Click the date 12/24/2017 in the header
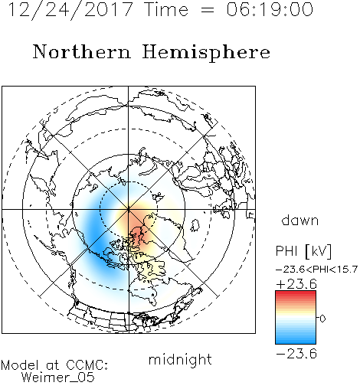pos(70,10)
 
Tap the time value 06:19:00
pos(270,9)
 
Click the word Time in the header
pos(166,9)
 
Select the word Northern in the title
pos(82,51)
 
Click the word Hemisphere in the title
pos(206,52)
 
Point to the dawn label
pos(300,220)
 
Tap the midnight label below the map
pos(180,359)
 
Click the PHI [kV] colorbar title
pos(303,251)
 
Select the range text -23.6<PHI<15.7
pos(316,270)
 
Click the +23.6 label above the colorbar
pos(296,284)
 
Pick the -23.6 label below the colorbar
pos(296,354)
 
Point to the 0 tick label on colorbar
pos(322,319)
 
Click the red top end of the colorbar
pos(296,293)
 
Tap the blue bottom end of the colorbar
pos(296,342)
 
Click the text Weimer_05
pos(58,378)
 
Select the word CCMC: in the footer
pos(87,365)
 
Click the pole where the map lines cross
pos(128,210)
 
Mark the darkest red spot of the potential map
pos(137,232)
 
